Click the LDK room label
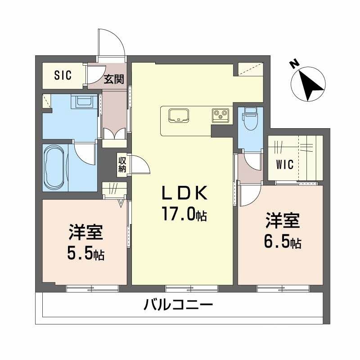[x=184, y=194]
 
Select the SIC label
[x=63, y=76]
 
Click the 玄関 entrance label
[x=114, y=80]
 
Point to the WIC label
[x=284, y=165]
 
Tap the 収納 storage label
[x=122, y=164]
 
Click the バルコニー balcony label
[x=178, y=306]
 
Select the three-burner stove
[x=221, y=115]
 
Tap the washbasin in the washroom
[x=85, y=102]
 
